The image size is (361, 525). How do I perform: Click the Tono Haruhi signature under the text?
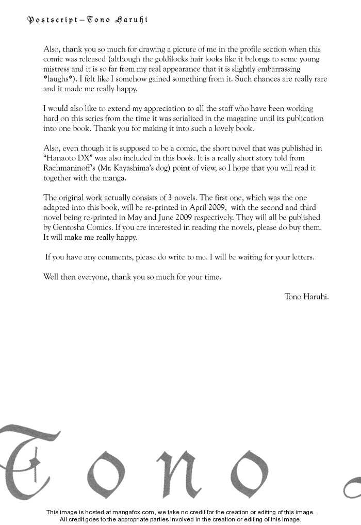coord(306,297)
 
